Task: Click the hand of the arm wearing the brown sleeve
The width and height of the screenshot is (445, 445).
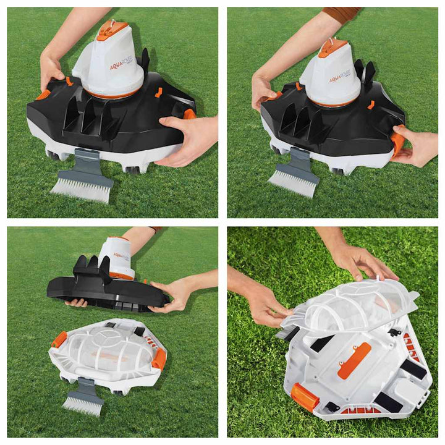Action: click(263, 90)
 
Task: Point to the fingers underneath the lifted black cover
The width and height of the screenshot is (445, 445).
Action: click(77, 303)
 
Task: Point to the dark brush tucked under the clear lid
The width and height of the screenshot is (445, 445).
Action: click(288, 334)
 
